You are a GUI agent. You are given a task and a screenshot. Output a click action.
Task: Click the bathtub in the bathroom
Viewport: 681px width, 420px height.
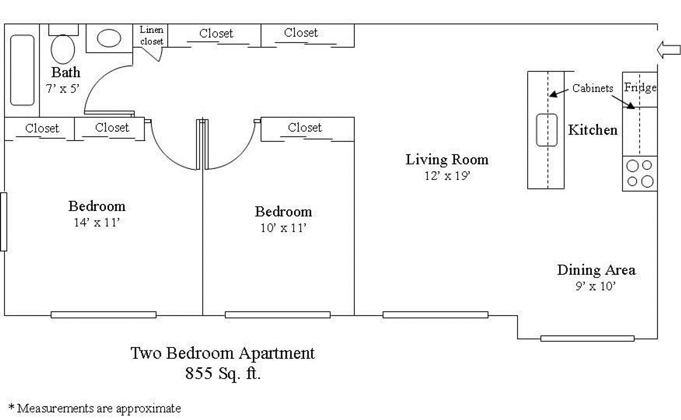[x=22, y=70]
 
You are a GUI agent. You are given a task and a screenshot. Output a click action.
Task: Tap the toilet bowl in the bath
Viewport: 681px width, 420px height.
[x=63, y=49]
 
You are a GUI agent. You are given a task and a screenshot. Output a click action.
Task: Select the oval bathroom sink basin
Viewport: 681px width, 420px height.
[x=109, y=38]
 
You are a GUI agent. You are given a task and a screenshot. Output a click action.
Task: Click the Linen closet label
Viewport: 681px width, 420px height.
[x=152, y=35]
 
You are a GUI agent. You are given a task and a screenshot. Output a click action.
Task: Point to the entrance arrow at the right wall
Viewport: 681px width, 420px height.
[x=669, y=50]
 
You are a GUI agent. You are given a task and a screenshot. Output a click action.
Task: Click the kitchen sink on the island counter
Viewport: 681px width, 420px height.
[x=547, y=130]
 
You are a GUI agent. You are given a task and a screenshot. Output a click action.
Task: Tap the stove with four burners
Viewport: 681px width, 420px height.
[x=640, y=173]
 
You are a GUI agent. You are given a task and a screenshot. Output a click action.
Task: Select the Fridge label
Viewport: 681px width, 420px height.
[x=640, y=87]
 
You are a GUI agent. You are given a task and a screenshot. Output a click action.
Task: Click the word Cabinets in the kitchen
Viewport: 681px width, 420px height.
[x=592, y=88]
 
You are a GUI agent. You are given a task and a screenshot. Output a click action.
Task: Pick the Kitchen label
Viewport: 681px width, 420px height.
[x=593, y=130]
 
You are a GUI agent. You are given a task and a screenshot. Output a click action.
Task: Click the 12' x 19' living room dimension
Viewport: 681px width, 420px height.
[x=447, y=176]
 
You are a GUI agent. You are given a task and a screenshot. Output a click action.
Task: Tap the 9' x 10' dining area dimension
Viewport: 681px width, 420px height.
[x=595, y=286]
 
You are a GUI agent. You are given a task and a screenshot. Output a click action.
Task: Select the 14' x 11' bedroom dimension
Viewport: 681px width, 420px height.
[x=97, y=222]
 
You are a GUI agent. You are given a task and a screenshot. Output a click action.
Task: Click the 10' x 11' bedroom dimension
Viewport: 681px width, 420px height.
[x=283, y=228]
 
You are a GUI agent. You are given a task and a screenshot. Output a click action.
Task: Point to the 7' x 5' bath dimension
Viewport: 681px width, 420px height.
[x=63, y=89]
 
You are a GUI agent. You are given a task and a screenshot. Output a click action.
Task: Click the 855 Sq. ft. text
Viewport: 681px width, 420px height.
[x=223, y=373]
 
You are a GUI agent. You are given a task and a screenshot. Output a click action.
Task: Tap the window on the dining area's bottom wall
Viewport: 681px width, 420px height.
[x=587, y=339]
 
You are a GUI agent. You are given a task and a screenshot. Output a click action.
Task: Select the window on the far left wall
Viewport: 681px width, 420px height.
[x=3, y=222]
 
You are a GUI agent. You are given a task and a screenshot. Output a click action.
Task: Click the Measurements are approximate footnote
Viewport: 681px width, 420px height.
[x=94, y=408]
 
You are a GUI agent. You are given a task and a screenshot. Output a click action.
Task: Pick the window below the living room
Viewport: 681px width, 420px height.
[x=435, y=315]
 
